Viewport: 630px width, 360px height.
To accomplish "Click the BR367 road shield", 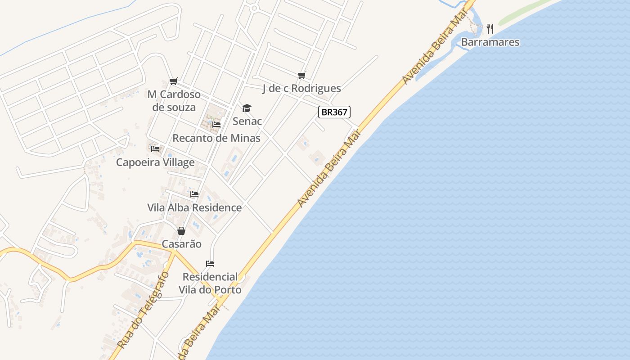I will pyautogui.click(x=334, y=112).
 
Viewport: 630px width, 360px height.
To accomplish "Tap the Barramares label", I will pyautogui.click(x=490, y=42).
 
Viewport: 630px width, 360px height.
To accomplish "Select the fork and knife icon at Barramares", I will pyautogui.click(x=490, y=29).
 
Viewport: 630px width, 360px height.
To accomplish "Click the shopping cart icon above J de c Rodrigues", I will pyautogui.click(x=301, y=75).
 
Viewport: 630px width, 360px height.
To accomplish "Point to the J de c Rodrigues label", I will pyautogui.click(x=301, y=89).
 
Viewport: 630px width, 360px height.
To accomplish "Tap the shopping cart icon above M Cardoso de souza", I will pyautogui.click(x=174, y=81).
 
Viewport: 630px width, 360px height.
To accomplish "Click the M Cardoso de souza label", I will pyautogui.click(x=174, y=101).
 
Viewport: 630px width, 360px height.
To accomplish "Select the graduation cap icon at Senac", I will pyautogui.click(x=247, y=108).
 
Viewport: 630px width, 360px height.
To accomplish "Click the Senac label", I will pyautogui.click(x=247, y=121).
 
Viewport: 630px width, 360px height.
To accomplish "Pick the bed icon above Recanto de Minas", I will pyautogui.click(x=216, y=125).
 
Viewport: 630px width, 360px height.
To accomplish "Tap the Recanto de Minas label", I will pyautogui.click(x=216, y=138).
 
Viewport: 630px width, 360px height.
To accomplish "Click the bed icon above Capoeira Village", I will pyautogui.click(x=155, y=148).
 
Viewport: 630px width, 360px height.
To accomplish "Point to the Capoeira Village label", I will pyautogui.click(x=155, y=162).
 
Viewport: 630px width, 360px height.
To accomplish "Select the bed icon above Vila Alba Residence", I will pyautogui.click(x=194, y=194).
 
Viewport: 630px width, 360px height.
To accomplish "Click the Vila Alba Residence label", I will pyautogui.click(x=194, y=207).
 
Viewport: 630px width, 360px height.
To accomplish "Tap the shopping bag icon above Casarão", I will pyautogui.click(x=181, y=231).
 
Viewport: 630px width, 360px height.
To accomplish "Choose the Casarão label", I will pyautogui.click(x=181, y=244).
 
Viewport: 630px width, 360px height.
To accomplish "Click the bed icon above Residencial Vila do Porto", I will pyautogui.click(x=210, y=263).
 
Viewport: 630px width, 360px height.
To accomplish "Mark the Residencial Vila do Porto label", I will pyautogui.click(x=210, y=283).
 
